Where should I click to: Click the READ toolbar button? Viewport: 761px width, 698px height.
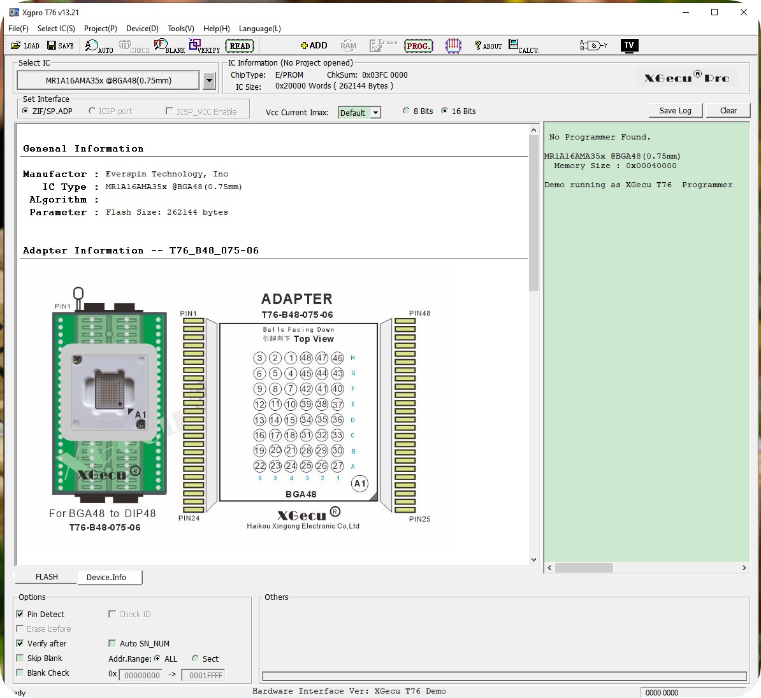point(240,46)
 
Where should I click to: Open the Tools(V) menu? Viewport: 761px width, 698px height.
point(180,29)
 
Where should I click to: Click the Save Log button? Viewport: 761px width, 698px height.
point(675,111)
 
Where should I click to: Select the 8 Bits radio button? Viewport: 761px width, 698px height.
point(406,111)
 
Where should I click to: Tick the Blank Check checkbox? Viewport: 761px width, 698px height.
point(20,673)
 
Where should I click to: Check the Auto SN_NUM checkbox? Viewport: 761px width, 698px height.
point(112,644)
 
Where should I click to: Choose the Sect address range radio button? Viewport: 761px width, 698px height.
point(195,659)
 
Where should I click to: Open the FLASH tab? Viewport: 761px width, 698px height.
point(47,577)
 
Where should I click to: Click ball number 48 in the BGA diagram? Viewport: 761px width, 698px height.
point(306,358)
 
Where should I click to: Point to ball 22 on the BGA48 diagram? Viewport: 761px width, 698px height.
point(259,466)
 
